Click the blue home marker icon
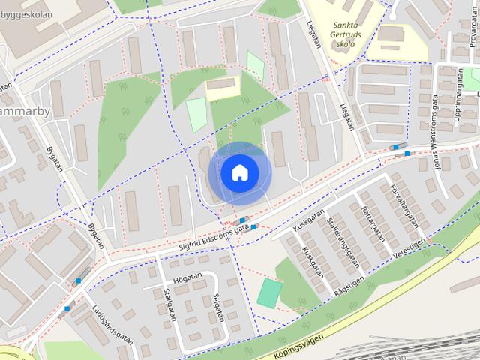(x=239, y=173)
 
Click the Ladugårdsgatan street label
(x=113, y=323)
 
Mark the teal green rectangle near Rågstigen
(x=270, y=292)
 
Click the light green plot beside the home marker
(x=196, y=115)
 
